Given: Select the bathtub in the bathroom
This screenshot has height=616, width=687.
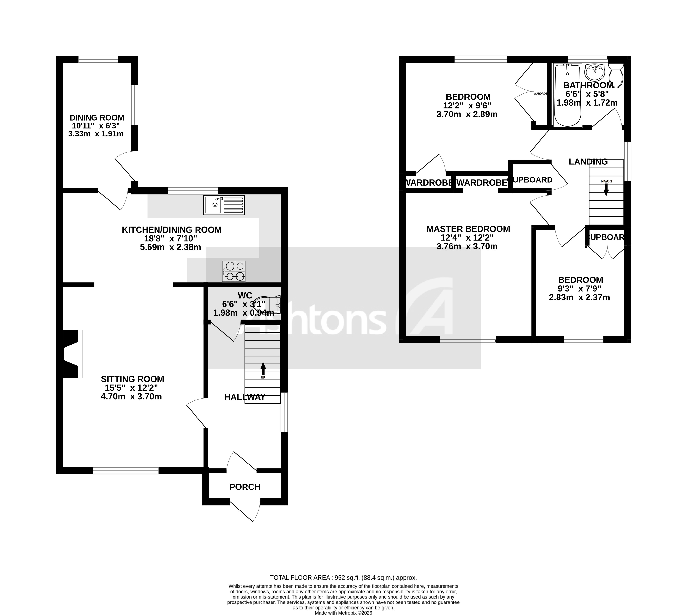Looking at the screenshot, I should [568, 96].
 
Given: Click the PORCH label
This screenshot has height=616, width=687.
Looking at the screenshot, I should [245, 487].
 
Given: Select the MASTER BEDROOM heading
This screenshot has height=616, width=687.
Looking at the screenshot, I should [468, 229].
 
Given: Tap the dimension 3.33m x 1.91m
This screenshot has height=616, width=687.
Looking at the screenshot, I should [96, 134].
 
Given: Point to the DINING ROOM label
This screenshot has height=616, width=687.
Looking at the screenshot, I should [97, 118].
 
